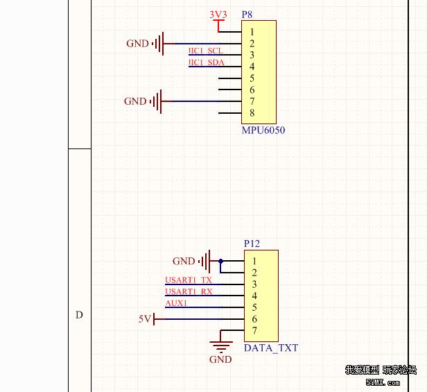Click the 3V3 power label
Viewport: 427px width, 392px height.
pyautogui.click(x=218, y=15)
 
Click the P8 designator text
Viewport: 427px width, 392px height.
pyautogui.click(x=247, y=15)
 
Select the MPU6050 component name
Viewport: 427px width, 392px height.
pyautogui.click(x=263, y=130)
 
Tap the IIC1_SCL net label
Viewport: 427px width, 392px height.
pyautogui.click(x=205, y=51)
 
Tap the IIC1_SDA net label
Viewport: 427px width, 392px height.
pyautogui.click(x=206, y=63)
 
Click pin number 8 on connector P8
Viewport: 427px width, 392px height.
pyautogui.click(x=252, y=113)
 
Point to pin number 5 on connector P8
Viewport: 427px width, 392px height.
pyautogui.click(x=252, y=78)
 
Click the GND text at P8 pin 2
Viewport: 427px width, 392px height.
pyautogui.click(x=137, y=44)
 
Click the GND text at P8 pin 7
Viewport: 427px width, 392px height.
pyautogui.click(x=135, y=101)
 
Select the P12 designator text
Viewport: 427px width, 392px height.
pyautogui.click(x=252, y=244)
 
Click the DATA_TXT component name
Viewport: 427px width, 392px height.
pyautogui.click(x=271, y=348)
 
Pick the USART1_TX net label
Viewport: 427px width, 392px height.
pyautogui.click(x=189, y=280)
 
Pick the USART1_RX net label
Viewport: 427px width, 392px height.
pyautogui.click(x=189, y=292)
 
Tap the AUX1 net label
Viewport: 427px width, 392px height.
pyautogui.click(x=176, y=303)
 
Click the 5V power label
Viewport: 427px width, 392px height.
pyautogui.click(x=144, y=319)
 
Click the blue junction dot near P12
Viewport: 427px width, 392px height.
pyautogui.click(x=221, y=262)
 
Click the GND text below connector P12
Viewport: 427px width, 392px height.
pyautogui.click(x=220, y=359)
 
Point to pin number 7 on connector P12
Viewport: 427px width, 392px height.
pyautogui.click(x=255, y=331)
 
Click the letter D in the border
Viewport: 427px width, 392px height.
pyautogui.click(x=79, y=315)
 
